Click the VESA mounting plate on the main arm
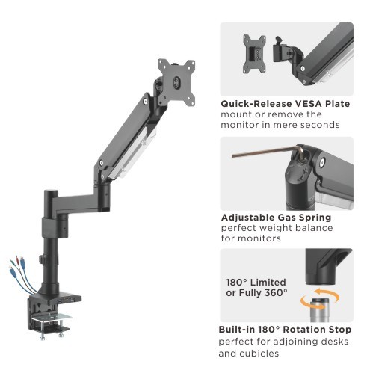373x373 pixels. (x=176, y=82)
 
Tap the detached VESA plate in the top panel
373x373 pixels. (x=254, y=54)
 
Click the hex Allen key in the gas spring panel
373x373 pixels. (x=268, y=152)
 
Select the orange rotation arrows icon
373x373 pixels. (x=320, y=298)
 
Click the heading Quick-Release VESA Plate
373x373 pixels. (x=286, y=104)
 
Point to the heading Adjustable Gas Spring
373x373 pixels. (x=276, y=218)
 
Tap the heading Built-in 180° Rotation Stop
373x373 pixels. (x=285, y=330)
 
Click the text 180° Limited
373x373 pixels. (x=256, y=283)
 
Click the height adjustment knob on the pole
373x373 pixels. (x=41, y=259)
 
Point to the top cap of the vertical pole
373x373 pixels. (x=52, y=192)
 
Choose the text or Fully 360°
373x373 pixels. (x=256, y=293)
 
